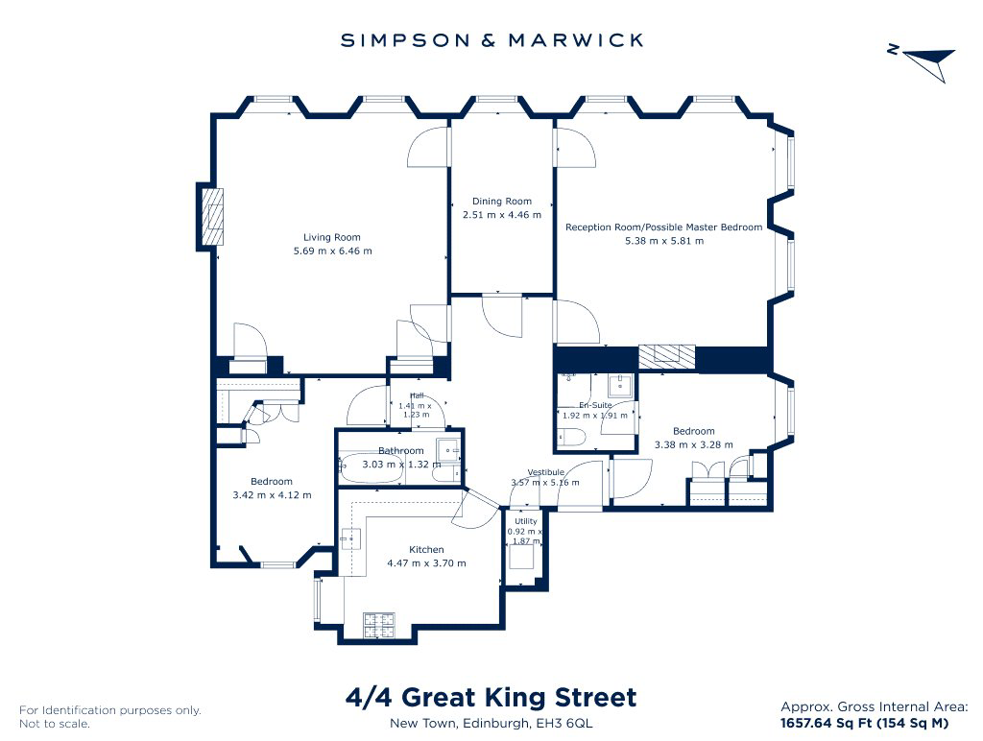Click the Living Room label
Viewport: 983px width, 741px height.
tap(331, 237)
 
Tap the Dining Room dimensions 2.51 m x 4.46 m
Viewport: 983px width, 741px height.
tap(501, 214)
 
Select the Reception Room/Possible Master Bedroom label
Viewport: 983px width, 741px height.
tap(664, 227)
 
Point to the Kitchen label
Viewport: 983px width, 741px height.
tap(426, 549)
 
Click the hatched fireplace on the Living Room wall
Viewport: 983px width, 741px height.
tap(212, 217)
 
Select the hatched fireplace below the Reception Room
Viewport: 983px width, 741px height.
tap(667, 357)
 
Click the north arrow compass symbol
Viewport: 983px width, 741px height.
tap(926, 61)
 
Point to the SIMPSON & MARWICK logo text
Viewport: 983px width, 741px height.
tap(492, 40)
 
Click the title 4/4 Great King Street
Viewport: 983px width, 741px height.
tap(491, 697)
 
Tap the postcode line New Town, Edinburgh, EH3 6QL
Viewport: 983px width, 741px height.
tap(491, 723)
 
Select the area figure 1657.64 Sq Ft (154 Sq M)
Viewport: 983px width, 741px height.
tap(865, 723)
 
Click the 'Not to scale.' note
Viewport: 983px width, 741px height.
tap(55, 724)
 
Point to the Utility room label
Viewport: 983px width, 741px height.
tap(526, 521)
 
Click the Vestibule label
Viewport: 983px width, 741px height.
tap(546, 472)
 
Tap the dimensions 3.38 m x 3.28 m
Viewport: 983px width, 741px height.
tap(694, 444)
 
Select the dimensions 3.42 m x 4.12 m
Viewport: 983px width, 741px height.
tap(272, 494)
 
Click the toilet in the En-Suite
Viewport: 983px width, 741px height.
tap(571, 437)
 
